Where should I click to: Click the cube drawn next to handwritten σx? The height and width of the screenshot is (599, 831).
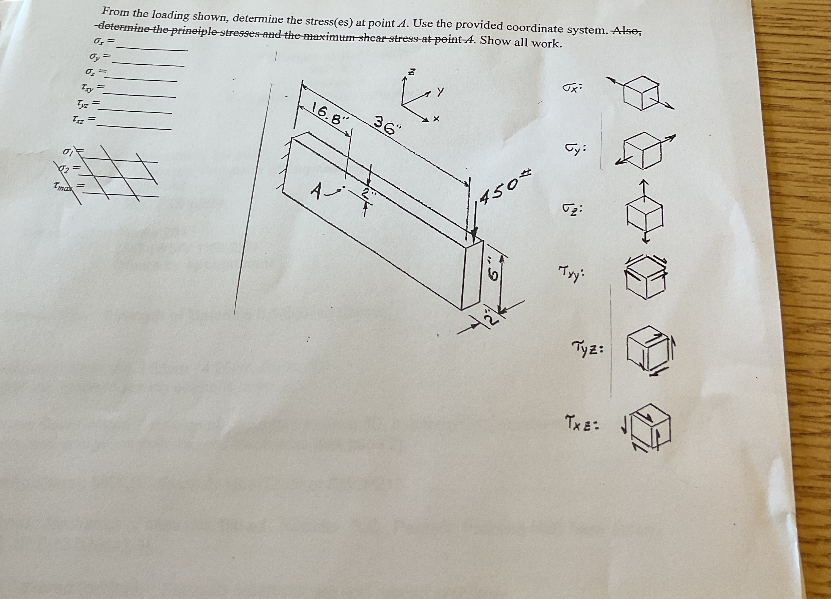pos(641,93)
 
